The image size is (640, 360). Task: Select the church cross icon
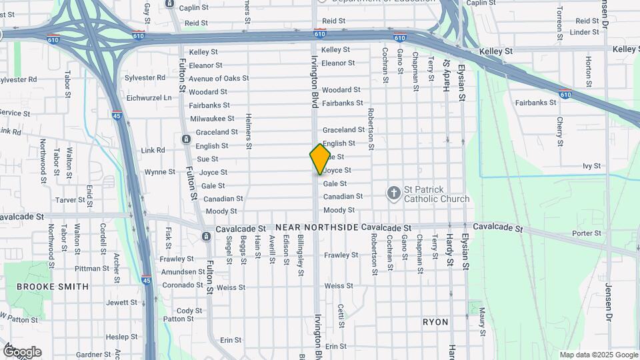pos(394,193)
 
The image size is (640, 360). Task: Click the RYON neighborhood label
pos(435,321)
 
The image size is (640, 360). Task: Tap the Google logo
pos(23,351)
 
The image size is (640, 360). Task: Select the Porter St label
pos(587,233)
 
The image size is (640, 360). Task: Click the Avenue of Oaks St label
pos(218,79)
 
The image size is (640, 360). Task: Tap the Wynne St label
pos(159,172)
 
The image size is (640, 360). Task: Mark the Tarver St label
pos(89,200)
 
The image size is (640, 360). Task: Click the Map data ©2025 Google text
pos(599,355)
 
